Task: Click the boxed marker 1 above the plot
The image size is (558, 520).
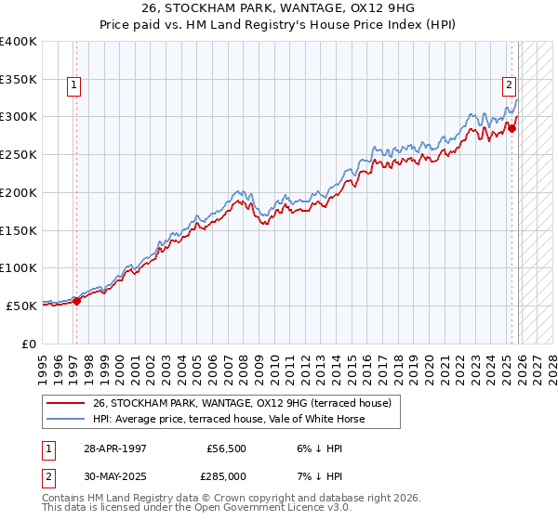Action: [x=74, y=85]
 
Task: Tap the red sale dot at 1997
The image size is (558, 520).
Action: [x=77, y=300]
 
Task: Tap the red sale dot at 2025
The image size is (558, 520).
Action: [x=512, y=128]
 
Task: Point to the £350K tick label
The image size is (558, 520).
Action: [x=19, y=80]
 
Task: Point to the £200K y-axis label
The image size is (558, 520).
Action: [x=19, y=192]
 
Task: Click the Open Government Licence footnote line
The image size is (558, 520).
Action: [x=196, y=509]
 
